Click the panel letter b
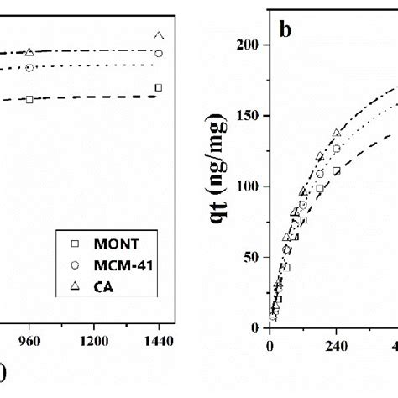click(x=285, y=31)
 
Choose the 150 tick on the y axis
click(x=247, y=115)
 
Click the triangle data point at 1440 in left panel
click(x=159, y=35)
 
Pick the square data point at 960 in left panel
click(x=29, y=99)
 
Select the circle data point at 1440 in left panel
click(x=159, y=53)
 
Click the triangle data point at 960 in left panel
click(x=29, y=52)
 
